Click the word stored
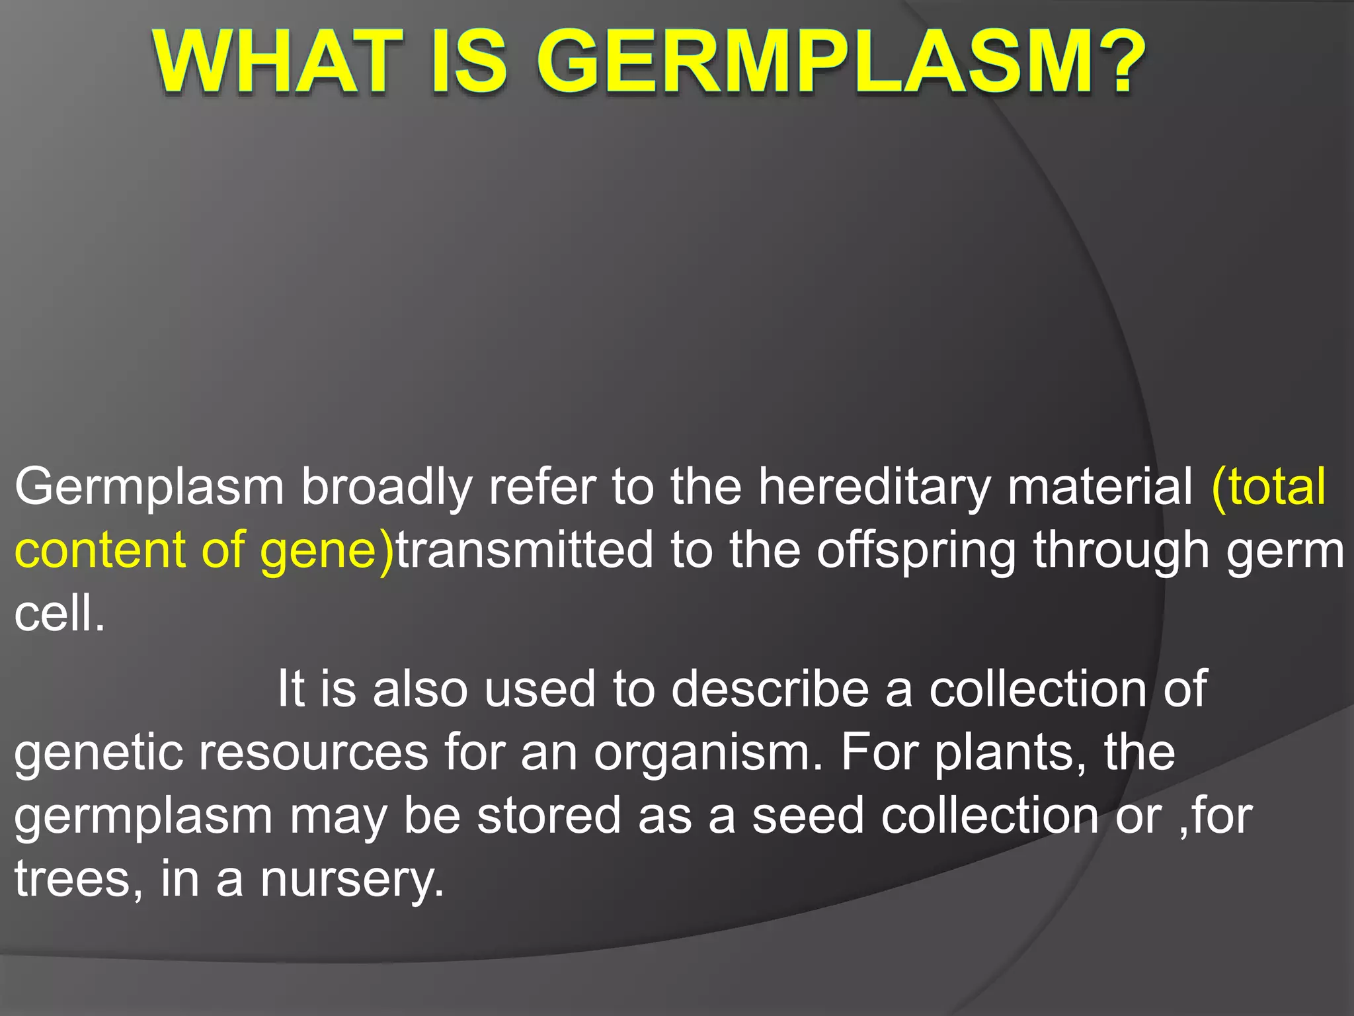click(x=549, y=816)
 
